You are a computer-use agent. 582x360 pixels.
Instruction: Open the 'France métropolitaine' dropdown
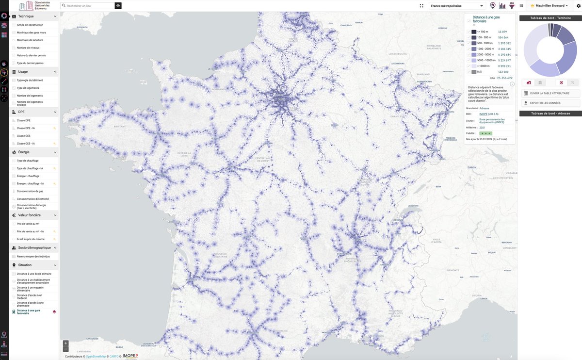click(x=457, y=6)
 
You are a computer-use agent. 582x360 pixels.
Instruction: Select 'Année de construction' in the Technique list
click(x=30, y=25)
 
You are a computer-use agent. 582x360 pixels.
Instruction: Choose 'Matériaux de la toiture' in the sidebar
click(x=30, y=40)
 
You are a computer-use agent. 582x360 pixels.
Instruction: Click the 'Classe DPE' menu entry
click(x=24, y=120)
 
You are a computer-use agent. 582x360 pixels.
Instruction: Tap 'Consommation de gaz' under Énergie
click(x=30, y=191)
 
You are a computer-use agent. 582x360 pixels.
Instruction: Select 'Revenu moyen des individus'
click(x=33, y=256)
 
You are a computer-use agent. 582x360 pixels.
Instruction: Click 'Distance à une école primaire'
click(x=34, y=274)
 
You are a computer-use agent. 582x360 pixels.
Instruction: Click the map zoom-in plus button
click(x=66, y=343)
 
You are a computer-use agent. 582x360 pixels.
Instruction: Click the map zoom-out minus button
click(x=66, y=349)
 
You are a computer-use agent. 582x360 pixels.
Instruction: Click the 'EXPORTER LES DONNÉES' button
click(x=550, y=103)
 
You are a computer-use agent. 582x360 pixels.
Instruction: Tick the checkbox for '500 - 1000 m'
click(x=469, y=43)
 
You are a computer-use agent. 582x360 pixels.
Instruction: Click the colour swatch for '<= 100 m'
click(x=474, y=32)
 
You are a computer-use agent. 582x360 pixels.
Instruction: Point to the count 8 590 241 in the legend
click(x=504, y=66)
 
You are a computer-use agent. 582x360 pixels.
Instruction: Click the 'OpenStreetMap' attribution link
click(x=96, y=357)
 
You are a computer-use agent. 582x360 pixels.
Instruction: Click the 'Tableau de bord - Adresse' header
click(x=550, y=114)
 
